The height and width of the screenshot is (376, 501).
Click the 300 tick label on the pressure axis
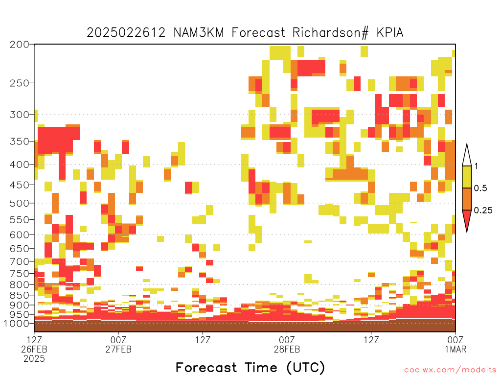coord(19,115)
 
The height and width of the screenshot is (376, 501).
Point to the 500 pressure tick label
coord(19,203)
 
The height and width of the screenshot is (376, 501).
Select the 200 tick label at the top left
coord(19,45)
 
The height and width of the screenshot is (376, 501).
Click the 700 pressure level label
coord(19,261)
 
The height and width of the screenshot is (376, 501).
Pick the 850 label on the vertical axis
coord(19,295)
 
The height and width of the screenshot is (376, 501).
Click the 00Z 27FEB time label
coord(118,344)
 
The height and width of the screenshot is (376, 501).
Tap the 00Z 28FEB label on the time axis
coord(287,344)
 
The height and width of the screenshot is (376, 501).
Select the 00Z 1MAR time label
coord(455,344)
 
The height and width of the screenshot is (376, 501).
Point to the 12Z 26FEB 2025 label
coord(34,349)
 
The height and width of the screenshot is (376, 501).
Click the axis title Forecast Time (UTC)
coord(250,368)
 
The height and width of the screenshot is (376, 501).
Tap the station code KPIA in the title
coord(390,33)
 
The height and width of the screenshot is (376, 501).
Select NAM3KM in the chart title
coord(199,33)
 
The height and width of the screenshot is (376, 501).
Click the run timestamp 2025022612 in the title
coord(126,33)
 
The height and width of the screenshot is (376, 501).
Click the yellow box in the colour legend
coord(467,177)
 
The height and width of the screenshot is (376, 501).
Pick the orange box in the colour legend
coord(467,199)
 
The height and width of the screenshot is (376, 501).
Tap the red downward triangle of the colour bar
coord(467,219)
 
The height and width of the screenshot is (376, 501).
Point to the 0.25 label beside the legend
coord(483,210)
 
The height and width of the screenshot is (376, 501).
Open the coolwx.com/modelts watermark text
coord(450,370)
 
